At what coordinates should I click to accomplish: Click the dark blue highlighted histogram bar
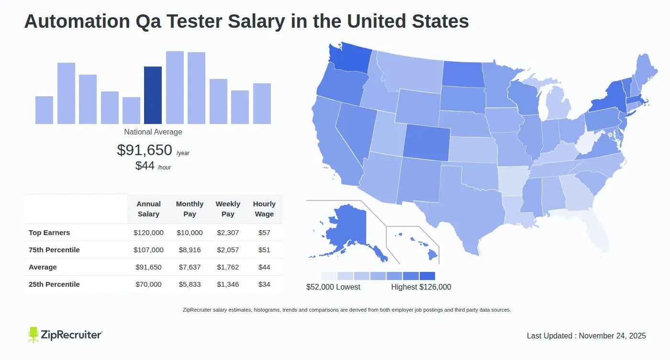(x=153, y=95)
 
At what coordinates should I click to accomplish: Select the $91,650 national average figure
(x=144, y=150)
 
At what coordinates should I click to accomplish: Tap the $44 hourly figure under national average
(x=145, y=166)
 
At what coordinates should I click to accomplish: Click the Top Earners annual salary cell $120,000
(x=148, y=233)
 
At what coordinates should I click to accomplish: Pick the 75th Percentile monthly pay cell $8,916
(x=190, y=250)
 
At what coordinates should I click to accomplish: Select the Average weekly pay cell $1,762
(x=228, y=267)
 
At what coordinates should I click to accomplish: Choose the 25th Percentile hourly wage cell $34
(x=264, y=284)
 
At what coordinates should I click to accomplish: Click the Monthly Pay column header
(x=190, y=209)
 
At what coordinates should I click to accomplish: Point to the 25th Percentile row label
(x=54, y=284)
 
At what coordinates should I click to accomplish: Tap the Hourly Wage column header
(x=264, y=209)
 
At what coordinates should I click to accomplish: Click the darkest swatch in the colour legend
(x=427, y=276)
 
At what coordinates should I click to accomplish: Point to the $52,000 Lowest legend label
(x=333, y=287)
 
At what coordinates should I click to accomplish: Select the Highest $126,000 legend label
(x=421, y=287)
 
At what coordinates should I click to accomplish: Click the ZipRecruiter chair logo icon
(x=33, y=335)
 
